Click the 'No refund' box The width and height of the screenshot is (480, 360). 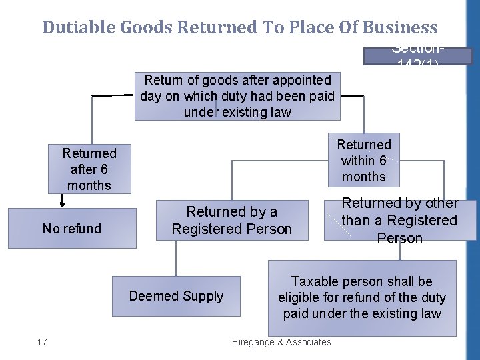coord(72,229)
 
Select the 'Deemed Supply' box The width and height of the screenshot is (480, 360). coord(176,296)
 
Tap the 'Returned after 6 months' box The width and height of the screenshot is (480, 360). coord(89,169)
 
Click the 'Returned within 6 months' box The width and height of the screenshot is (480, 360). coord(364,161)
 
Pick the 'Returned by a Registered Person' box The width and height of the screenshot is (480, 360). coord(232,221)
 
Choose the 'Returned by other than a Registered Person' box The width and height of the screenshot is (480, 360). coord(400,221)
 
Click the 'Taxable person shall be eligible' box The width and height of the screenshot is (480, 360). coord(362,297)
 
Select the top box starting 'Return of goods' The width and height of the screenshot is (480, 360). coord(237,97)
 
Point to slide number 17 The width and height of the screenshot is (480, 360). coord(42,342)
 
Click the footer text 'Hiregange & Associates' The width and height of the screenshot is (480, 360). coord(281,342)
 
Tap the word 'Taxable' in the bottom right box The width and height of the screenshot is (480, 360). coord(317,281)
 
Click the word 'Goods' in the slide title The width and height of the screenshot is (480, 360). coord(145,27)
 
